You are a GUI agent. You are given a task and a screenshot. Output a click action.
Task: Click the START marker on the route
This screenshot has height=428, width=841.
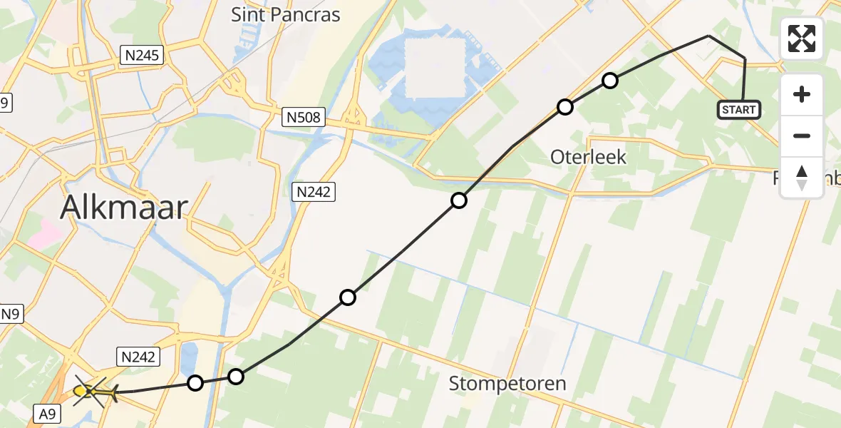[738, 110]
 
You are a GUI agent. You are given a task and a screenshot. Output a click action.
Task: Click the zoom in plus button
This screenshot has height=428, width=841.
[802, 95]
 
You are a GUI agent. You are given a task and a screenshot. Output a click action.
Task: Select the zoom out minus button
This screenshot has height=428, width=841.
[802, 136]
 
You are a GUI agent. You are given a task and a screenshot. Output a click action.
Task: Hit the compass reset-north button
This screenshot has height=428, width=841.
[802, 177]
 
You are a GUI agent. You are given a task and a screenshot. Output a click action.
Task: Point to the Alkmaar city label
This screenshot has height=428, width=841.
[124, 208]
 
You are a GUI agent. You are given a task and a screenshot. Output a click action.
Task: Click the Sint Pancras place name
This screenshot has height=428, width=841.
[285, 14]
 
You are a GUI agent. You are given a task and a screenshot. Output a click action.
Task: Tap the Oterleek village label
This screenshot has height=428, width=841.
[588, 157]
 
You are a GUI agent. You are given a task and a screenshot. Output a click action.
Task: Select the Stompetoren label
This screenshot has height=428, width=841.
[507, 384]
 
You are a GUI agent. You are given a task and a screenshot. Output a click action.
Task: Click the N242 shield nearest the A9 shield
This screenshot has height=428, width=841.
[135, 357]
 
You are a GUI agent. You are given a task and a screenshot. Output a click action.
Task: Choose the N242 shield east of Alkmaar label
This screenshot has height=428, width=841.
[314, 191]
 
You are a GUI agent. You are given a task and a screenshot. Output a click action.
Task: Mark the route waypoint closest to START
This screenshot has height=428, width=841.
[609, 81]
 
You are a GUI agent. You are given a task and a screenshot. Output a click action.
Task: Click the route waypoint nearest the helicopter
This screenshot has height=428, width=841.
[195, 383]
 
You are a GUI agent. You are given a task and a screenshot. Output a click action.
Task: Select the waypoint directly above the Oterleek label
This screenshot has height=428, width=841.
[564, 107]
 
